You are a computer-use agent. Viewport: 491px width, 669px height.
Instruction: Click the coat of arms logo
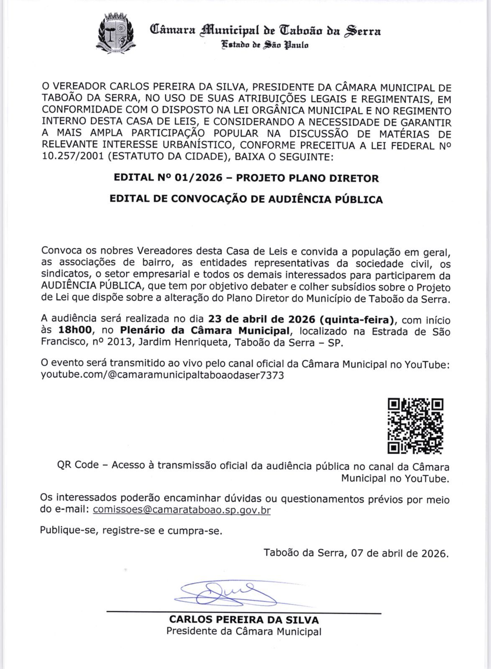pyautogui.click(x=115, y=33)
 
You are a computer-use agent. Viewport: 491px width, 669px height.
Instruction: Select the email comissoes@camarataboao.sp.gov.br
pyautogui.click(x=182, y=510)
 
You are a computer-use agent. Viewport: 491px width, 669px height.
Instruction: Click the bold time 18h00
pyautogui.click(x=75, y=330)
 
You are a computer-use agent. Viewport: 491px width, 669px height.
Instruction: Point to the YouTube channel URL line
pyautogui.click(x=162, y=375)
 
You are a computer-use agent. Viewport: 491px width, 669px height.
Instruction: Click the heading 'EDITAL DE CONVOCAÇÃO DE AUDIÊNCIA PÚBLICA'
pyautogui.click(x=246, y=199)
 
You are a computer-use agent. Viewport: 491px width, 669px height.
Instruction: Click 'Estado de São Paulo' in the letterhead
pyautogui.click(x=265, y=45)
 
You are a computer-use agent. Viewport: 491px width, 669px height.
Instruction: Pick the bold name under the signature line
pyautogui.click(x=244, y=620)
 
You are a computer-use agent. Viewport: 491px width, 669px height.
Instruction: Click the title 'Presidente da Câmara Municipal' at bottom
pyautogui.click(x=244, y=631)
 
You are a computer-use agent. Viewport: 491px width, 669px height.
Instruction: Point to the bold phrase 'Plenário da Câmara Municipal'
pyautogui.click(x=205, y=330)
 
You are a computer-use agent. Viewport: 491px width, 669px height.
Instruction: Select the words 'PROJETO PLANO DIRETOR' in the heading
pyautogui.click(x=307, y=178)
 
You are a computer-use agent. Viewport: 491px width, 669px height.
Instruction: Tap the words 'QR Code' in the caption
pyautogui.click(x=78, y=465)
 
